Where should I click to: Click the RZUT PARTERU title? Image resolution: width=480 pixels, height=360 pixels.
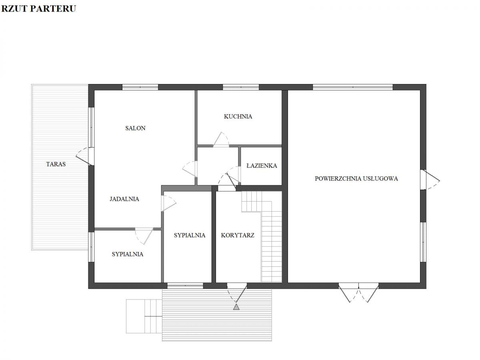(38, 8)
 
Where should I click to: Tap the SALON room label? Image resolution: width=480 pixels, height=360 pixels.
(135, 128)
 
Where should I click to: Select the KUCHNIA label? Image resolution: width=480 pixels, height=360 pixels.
(238, 116)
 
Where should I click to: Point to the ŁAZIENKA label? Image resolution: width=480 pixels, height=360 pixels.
(262, 166)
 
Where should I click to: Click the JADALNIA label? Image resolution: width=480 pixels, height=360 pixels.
(124, 199)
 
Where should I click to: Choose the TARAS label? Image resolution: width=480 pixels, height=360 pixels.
(56, 164)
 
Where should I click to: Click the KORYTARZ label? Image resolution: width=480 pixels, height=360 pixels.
(238, 235)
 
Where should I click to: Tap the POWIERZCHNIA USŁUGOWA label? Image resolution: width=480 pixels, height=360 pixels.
(356, 178)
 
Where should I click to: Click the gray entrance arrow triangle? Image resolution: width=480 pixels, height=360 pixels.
(236, 307)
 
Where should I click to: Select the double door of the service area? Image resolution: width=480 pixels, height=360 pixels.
(358, 292)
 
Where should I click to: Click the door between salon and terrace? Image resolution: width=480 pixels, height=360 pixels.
(85, 156)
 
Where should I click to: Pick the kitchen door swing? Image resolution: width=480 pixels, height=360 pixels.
(221, 140)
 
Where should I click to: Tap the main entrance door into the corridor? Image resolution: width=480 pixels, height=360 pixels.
(237, 293)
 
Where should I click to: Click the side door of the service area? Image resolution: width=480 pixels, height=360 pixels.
(430, 180)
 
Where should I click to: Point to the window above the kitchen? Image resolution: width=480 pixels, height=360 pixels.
(240, 87)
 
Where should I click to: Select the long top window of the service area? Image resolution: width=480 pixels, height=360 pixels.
(352, 87)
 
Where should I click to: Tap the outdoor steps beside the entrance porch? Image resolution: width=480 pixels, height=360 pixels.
(144, 316)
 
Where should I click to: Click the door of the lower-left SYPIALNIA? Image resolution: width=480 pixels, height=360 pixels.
(144, 236)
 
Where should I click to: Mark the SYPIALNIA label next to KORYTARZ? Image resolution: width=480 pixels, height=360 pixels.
(189, 235)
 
